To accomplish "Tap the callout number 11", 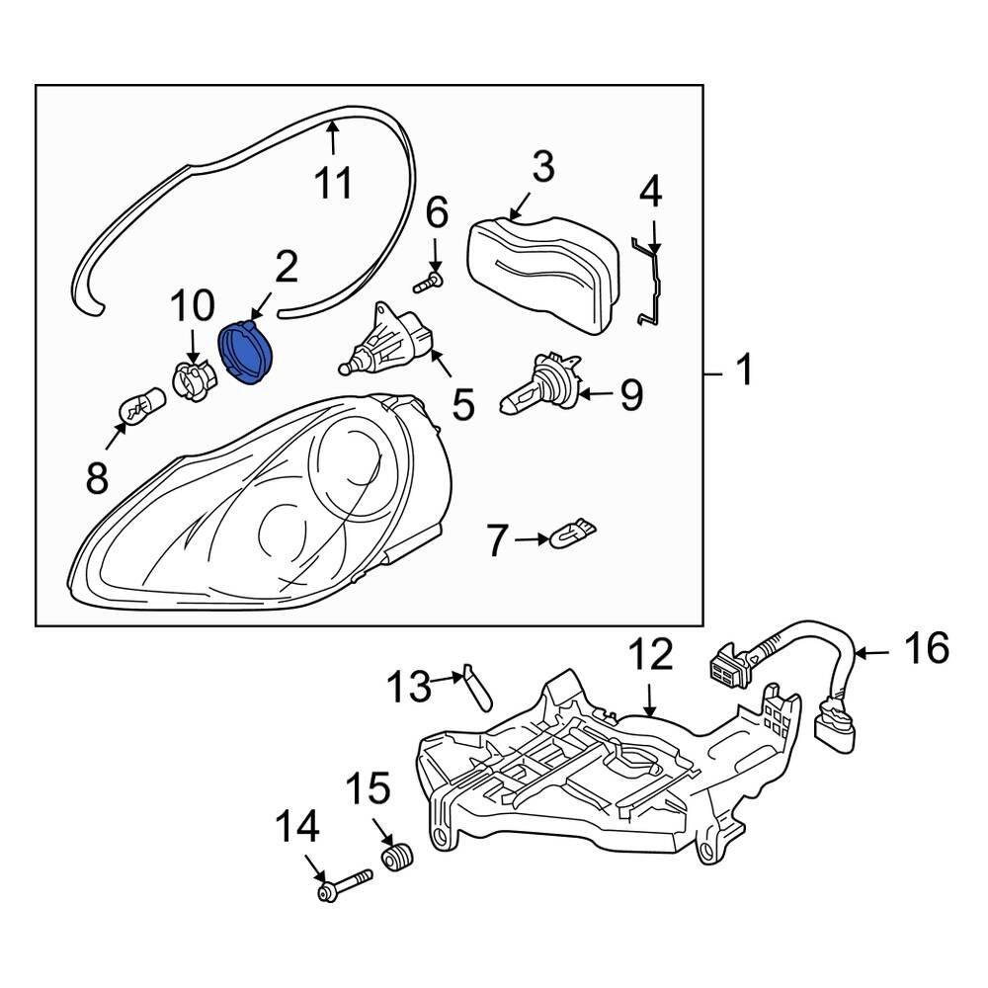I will pyautogui.click(x=333, y=182).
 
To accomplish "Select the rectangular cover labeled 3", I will pyautogui.click(x=541, y=272).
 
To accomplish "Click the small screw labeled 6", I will pyautogui.click(x=426, y=283).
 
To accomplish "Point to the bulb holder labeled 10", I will pyautogui.click(x=194, y=378).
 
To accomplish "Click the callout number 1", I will pyautogui.click(x=743, y=372).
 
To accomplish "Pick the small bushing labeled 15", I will pyautogui.click(x=398, y=856).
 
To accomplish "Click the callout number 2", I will pyautogui.click(x=286, y=268).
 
